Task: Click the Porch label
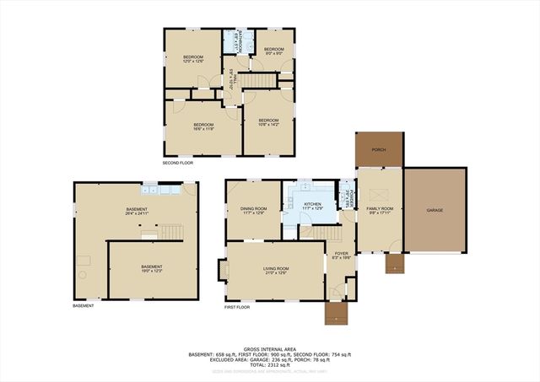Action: point(379,150)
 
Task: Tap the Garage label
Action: point(435,210)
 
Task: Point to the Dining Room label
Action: point(254,211)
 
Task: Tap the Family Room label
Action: point(380,210)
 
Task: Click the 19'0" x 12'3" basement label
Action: point(151,268)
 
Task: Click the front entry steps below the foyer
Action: point(337,313)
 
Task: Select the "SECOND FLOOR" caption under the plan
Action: point(179,162)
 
